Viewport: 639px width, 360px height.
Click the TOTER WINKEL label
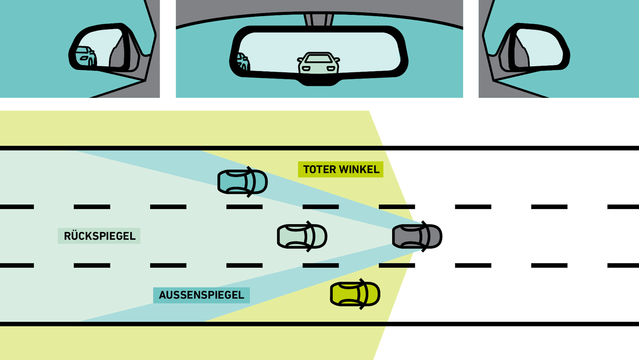click(341, 169)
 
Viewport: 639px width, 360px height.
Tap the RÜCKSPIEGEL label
click(99, 236)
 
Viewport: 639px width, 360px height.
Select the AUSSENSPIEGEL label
click(201, 295)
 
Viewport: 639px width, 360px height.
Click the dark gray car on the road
click(417, 237)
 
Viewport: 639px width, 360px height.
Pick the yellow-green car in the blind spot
click(355, 294)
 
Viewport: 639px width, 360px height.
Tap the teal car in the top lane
click(242, 182)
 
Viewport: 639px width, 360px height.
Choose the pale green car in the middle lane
click(302, 237)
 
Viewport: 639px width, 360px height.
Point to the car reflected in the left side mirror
click(85, 56)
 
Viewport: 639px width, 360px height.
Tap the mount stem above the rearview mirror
click(319, 20)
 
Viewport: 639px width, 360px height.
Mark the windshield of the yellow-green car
click(363, 294)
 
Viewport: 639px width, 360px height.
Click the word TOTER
click(320, 169)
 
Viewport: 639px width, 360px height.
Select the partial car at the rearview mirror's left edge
click(243, 62)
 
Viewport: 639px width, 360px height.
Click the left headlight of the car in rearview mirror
click(306, 68)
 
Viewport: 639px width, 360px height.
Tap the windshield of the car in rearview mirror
click(318, 58)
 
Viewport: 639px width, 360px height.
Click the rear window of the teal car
click(228, 182)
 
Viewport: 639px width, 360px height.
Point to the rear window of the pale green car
click(288, 237)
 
